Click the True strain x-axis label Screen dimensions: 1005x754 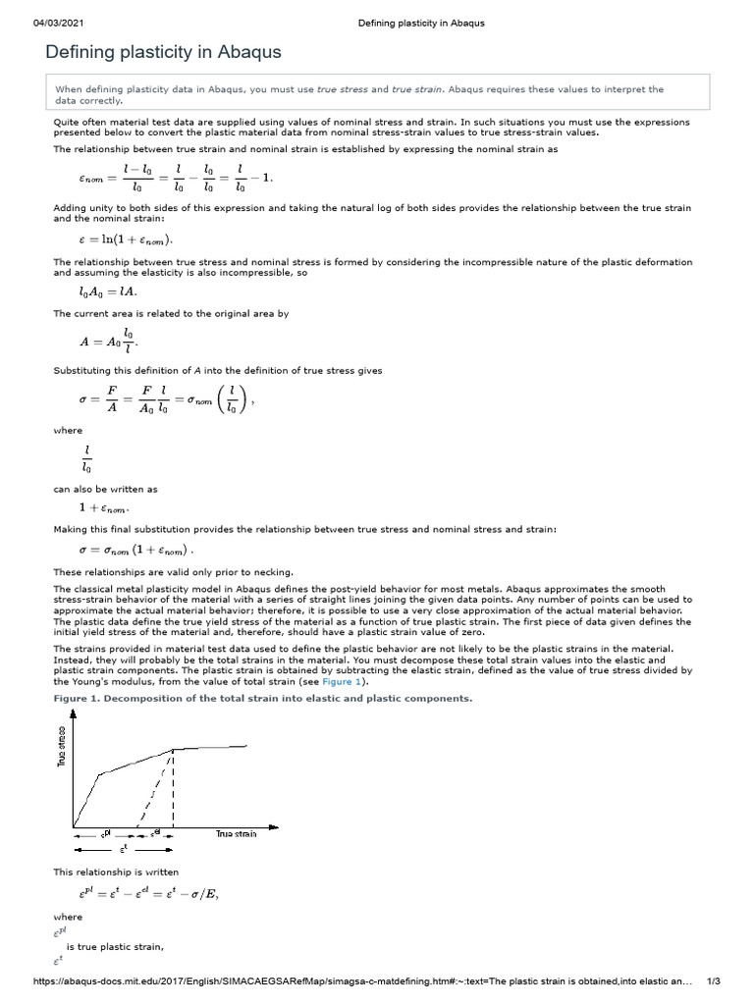coord(236,833)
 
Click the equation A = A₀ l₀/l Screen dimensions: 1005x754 coord(103,341)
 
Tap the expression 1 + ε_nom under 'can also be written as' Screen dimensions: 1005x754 coord(104,508)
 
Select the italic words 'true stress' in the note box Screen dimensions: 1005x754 coord(336,89)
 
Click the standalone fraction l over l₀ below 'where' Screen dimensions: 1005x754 coord(87,457)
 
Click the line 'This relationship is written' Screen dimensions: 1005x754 coord(116,871)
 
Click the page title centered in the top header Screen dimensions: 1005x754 coord(421,23)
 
